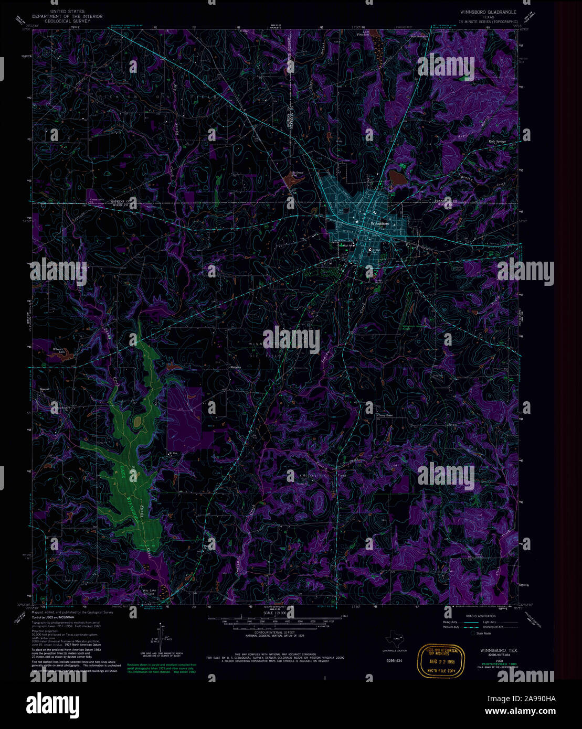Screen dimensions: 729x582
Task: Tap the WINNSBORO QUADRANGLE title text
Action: coord(488,11)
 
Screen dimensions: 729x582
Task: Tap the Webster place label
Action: coord(236,367)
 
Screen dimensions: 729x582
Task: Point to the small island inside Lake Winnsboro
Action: coord(138,421)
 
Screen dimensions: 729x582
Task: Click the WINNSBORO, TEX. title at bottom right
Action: coord(498,650)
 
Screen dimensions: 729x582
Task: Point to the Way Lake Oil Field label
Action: coord(150,592)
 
